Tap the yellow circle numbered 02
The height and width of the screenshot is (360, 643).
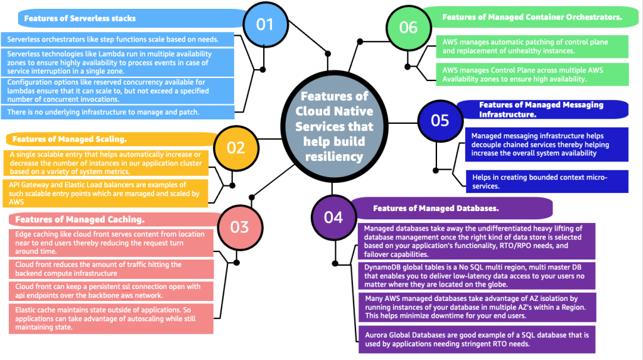coord(236,148)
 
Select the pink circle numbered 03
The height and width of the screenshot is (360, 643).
coord(239,227)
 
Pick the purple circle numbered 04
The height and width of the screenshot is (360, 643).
coord(333,217)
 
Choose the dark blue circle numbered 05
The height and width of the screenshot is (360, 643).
coord(440,120)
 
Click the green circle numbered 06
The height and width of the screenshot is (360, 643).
coord(408,27)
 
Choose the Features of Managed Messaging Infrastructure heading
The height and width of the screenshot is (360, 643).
coord(540,109)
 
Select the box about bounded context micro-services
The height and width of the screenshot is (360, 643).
coord(546,181)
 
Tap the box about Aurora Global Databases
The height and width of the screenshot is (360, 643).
coord(477,340)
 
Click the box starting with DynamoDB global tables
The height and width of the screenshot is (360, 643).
coord(477,276)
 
